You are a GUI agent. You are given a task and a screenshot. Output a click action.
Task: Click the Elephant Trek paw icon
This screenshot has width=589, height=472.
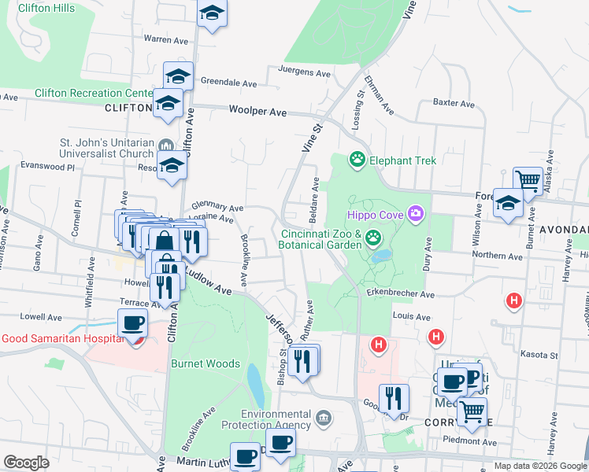[357, 160]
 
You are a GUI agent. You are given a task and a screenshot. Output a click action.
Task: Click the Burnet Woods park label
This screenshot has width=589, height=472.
[205, 364]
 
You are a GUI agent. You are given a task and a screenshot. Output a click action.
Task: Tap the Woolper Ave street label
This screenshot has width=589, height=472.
[257, 112]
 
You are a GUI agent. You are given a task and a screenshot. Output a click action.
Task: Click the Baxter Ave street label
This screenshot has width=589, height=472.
[454, 103]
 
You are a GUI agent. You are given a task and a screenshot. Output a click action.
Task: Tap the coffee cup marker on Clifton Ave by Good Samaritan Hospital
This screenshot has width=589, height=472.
[132, 322]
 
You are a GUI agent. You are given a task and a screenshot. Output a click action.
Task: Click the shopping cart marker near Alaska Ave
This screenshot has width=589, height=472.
[528, 181]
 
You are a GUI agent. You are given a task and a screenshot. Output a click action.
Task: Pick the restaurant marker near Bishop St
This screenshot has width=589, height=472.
[302, 360]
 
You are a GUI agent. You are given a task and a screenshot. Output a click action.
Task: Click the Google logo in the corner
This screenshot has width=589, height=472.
[26, 463]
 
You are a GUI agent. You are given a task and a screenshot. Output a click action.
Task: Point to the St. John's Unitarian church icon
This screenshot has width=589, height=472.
[166, 146]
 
